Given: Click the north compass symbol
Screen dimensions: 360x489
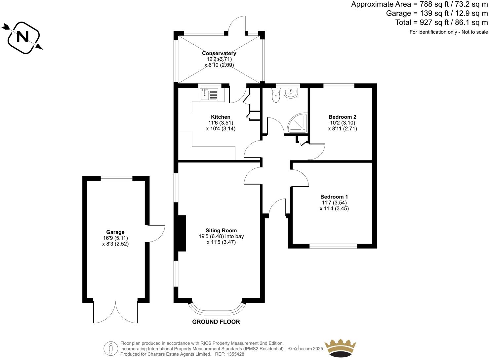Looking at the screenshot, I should (x=23, y=37).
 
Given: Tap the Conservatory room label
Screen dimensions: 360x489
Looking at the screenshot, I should (x=219, y=53).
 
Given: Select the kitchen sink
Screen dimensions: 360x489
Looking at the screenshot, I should (x=209, y=95).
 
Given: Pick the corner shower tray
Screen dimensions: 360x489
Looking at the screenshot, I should (x=298, y=124).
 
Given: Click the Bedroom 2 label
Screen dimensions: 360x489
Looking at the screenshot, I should (x=342, y=117).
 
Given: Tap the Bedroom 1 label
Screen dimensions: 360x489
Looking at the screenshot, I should (x=334, y=197).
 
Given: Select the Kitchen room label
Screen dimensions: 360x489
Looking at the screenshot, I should (x=221, y=117).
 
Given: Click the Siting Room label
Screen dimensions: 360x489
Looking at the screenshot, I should (x=221, y=231).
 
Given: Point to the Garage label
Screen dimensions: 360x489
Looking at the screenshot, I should (x=115, y=232).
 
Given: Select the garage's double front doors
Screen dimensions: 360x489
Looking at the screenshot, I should (x=115, y=313).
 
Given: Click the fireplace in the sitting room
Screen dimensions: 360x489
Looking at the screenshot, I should (x=182, y=233).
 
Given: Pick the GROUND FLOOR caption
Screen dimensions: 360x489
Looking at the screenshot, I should (x=216, y=322).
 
